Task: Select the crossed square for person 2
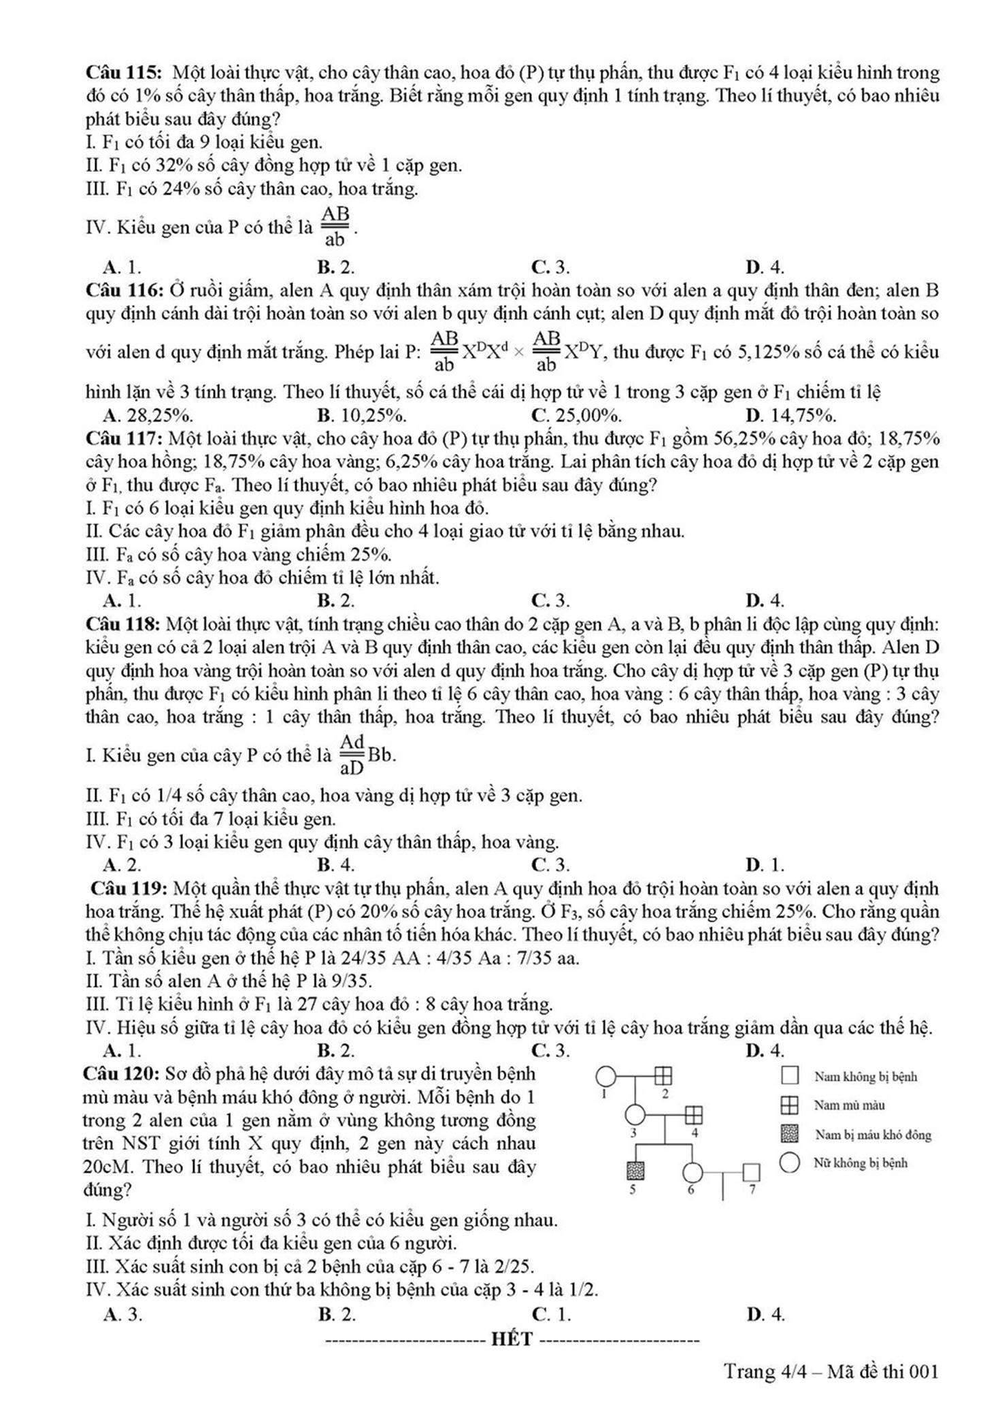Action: pyautogui.click(x=663, y=1076)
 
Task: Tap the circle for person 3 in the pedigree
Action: pyautogui.click(x=634, y=1115)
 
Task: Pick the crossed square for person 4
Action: pyautogui.click(x=693, y=1115)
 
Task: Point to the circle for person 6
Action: pyautogui.click(x=693, y=1172)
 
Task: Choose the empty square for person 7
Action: pyautogui.click(x=751, y=1172)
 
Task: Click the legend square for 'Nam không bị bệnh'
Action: pyautogui.click(x=789, y=1076)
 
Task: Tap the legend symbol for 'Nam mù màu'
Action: pyautogui.click(x=789, y=1105)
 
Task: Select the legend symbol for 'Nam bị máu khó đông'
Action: pyautogui.click(x=789, y=1134)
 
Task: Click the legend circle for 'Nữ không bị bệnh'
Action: pyautogui.click(x=789, y=1163)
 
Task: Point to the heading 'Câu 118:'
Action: pyautogui.click(x=122, y=624)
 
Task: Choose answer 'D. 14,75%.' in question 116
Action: pyautogui.click(x=790, y=415)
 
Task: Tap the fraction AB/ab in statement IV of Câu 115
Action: pyautogui.click(x=335, y=227)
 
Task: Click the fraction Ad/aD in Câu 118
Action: pyautogui.click(x=352, y=754)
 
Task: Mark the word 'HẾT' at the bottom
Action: pyautogui.click(x=514, y=1339)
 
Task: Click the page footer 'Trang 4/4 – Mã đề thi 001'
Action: pyautogui.click(x=831, y=1371)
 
